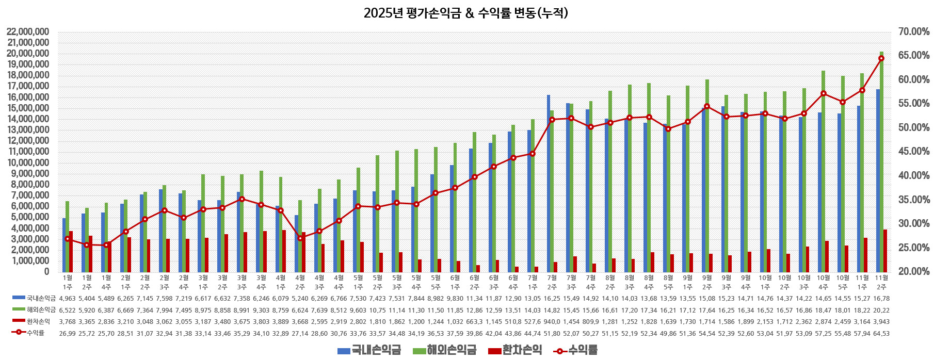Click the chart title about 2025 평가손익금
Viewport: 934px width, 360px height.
(465, 13)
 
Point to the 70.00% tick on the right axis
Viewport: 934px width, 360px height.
(913, 32)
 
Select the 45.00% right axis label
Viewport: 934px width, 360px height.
(913, 152)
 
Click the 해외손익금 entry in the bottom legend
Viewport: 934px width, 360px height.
(444, 350)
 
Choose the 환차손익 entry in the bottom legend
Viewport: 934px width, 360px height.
(515, 350)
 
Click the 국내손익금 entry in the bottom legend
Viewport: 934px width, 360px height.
(369, 350)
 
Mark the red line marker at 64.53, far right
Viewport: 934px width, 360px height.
(881, 58)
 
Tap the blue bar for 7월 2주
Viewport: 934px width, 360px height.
(549, 183)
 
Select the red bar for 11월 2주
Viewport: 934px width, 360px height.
(885, 251)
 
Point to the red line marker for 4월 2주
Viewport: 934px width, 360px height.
(300, 238)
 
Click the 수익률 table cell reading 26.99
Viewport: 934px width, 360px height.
(67, 333)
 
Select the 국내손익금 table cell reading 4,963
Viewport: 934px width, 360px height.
(67, 298)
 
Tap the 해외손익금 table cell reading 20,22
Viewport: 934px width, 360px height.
(881, 310)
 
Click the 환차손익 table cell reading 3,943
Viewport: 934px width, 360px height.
(881, 321)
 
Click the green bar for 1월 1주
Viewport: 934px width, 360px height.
(67, 236)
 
